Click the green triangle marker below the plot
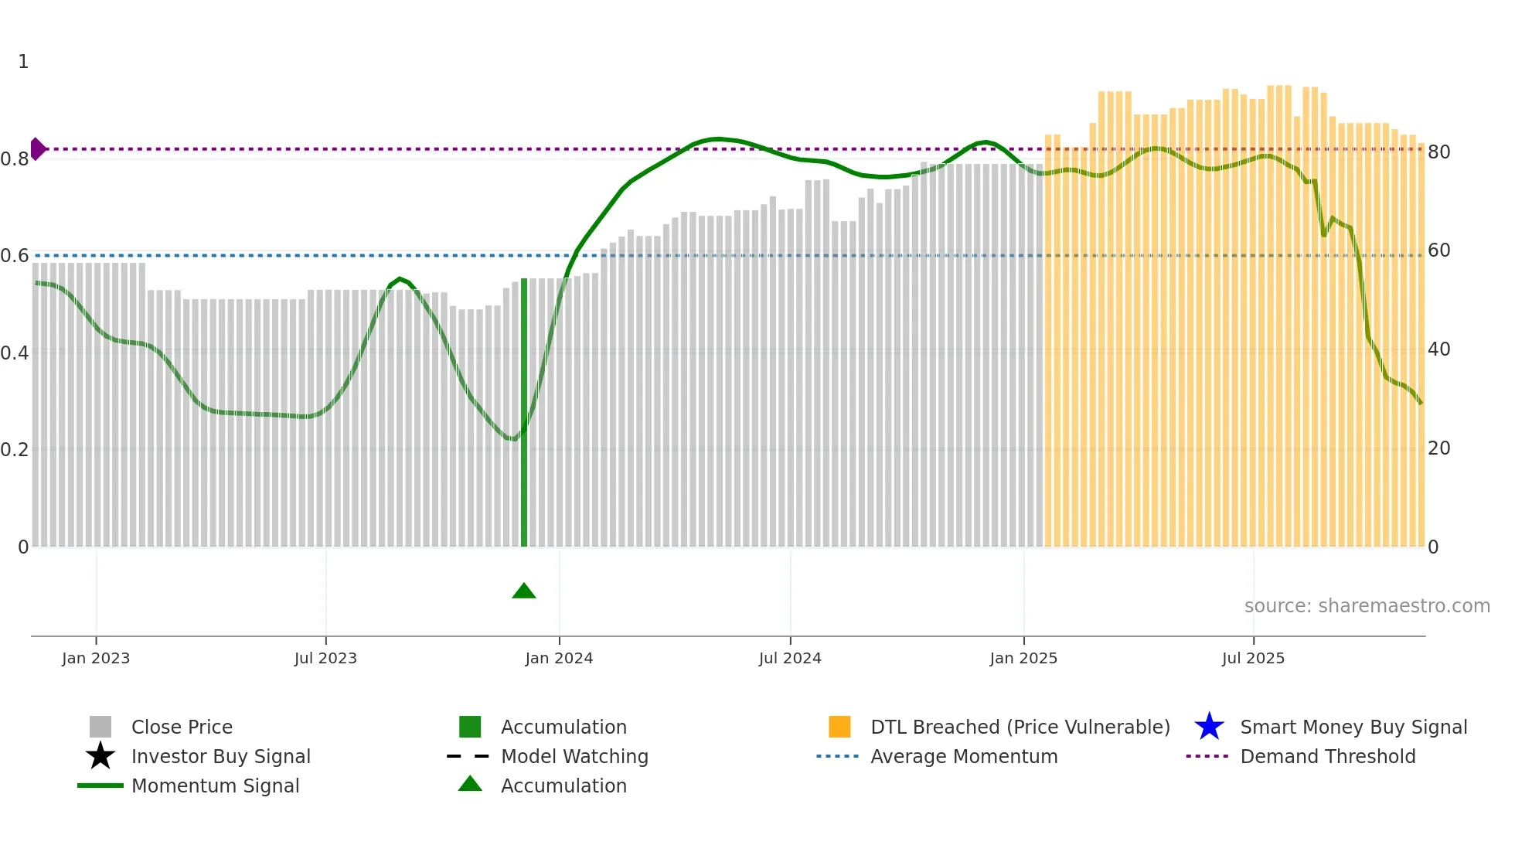click(x=524, y=591)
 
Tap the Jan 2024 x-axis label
click(x=559, y=658)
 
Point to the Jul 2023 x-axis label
click(x=325, y=658)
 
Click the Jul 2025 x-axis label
click(x=1253, y=658)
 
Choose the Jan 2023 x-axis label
click(x=96, y=658)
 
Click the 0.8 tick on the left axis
click(x=15, y=159)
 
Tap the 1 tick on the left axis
click(x=23, y=62)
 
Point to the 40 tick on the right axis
click(x=1438, y=349)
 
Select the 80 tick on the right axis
click(x=1438, y=152)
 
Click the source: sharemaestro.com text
click(x=1367, y=606)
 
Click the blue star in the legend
click(x=1209, y=727)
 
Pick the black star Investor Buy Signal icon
click(x=100, y=756)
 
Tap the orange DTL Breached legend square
click(x=839, y=727)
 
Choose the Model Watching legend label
click(x=574, y=756)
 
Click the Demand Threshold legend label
click(x=1327, y=756)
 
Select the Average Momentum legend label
click(x=964, y=756)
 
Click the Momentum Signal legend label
click(x=215, y=786)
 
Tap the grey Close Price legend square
click(x=100, y=727)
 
